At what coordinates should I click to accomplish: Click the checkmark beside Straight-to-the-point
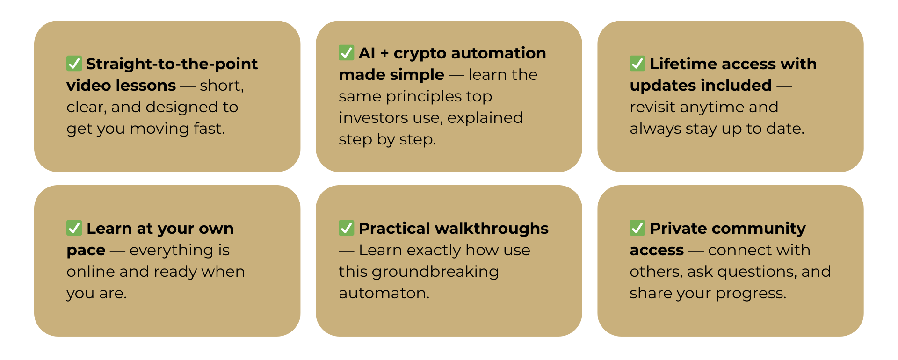pos(74,64)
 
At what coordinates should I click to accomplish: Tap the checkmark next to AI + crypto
pos(346,52)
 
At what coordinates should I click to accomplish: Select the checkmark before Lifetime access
pos(637,64)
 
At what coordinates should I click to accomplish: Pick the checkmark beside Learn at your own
pos(74,228)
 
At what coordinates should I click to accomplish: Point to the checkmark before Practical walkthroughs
pos(346,228)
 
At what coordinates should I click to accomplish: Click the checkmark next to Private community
pos(637,228)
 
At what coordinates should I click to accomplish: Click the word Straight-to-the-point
pos(172,65)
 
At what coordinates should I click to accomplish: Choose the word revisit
pos(652,107)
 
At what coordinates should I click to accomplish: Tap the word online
pos(91,272)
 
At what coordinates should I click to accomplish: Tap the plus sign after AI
pos(384,54)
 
